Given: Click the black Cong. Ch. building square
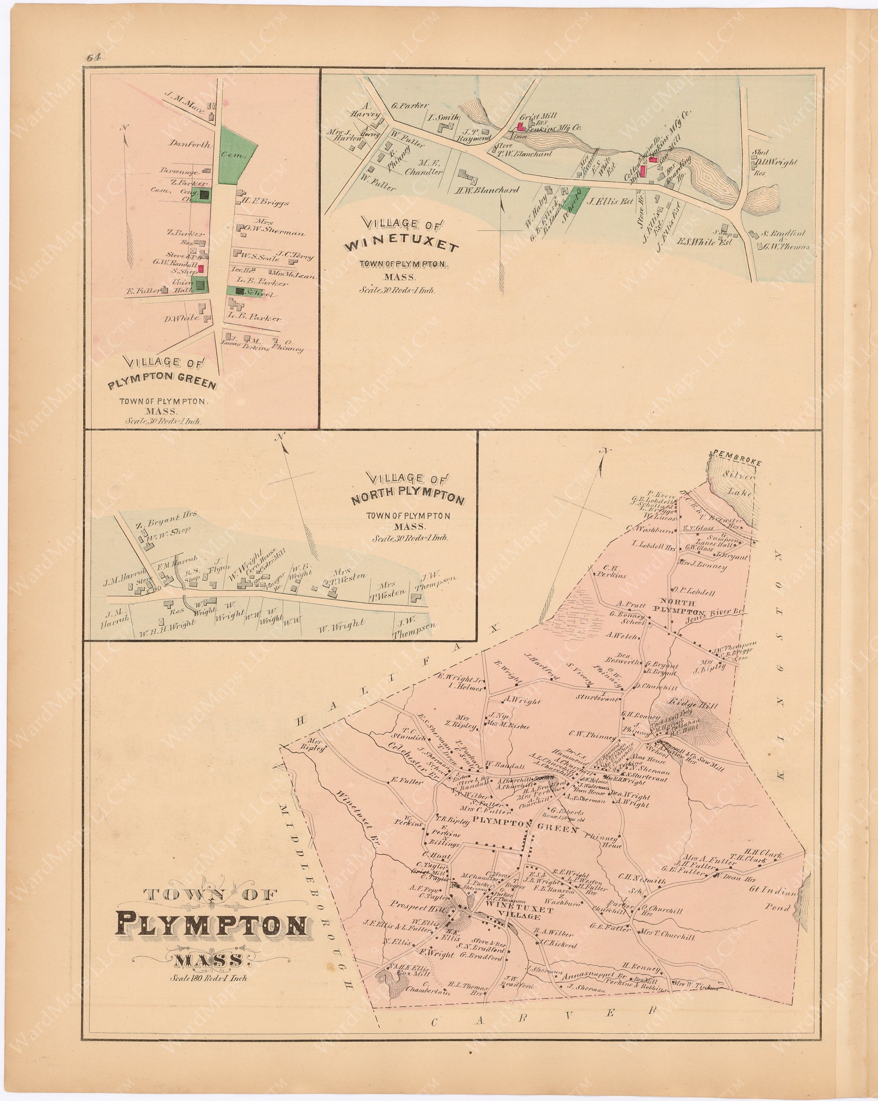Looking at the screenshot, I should pyautogui.click(x=205, y=194).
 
